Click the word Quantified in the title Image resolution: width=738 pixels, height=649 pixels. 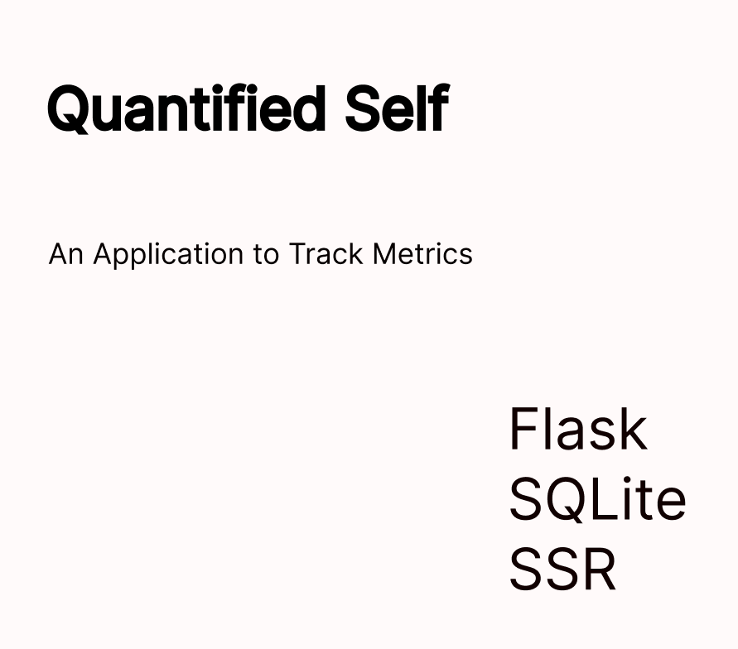[187, 108]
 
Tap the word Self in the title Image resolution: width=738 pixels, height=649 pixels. [398, 108]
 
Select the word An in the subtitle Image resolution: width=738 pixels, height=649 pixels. [66, 254]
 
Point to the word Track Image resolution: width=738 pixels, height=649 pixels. [326, 254]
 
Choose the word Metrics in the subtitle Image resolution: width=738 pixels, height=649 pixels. [422, 254]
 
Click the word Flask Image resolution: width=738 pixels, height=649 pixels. [578, 429]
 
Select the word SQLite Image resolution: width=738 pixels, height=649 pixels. [598, 499]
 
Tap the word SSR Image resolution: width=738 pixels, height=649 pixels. [563, 569]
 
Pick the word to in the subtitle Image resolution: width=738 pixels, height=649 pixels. [266, 255]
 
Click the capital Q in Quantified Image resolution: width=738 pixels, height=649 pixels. [69, 109]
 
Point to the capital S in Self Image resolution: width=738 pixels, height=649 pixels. [364, 108]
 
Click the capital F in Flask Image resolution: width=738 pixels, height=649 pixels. [524, 429]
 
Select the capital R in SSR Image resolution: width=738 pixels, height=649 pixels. [601, 569]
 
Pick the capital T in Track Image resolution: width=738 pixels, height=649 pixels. [298, 254]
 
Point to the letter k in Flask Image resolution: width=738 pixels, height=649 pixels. [633, 429]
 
